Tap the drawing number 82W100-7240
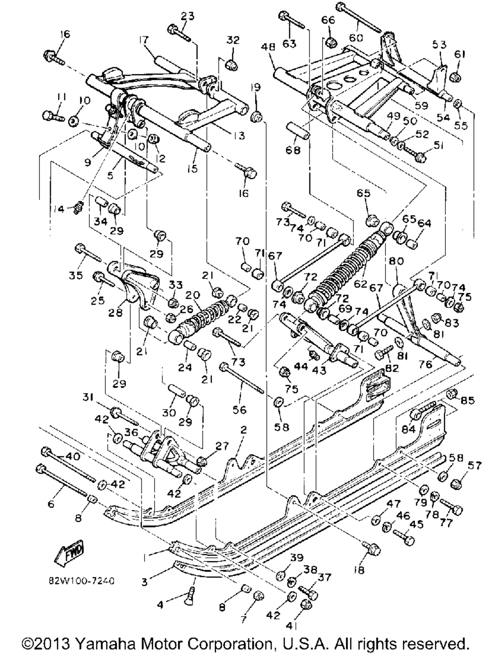click(x=81, y=581)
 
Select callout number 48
click(x=269, y=48)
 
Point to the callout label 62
click(x=360, y=283)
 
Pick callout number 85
click(x=467, y=400)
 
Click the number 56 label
click(x=240, y=409)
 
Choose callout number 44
click(x=301, y=366)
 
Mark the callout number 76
click(x=426, y=364)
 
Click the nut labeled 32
click(x=232, y=64)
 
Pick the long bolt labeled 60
click(x=359, y=17)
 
